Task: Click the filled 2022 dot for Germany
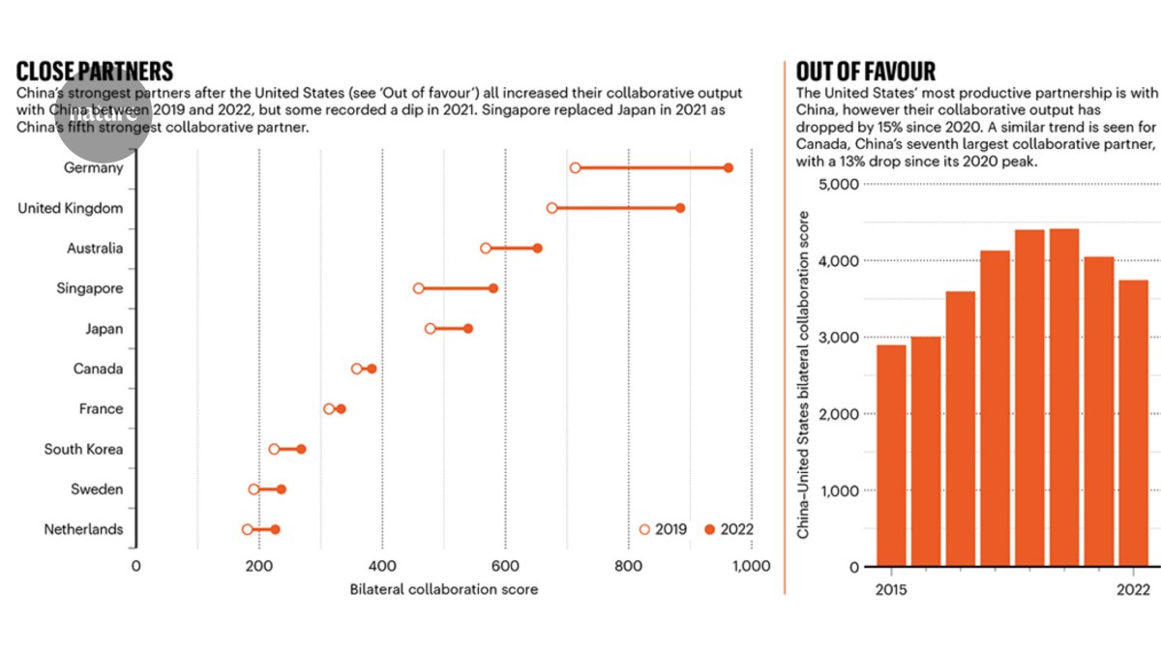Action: coord(728,168)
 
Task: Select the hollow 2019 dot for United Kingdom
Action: coord(551,208)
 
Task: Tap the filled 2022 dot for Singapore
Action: coord(493,288)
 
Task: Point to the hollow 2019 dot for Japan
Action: coord(430,329)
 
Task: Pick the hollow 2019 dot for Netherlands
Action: coord(247,529)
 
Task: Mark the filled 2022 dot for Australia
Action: coord(537,249)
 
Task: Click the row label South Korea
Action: coord(83,449)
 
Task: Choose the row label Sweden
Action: coord(97,490)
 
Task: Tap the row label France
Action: coord(101,409)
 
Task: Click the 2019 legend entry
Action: coord(663,529)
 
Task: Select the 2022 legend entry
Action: coord(728,529)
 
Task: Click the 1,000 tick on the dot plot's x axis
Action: coord(752,566)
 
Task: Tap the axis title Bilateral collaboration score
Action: coord(444,588)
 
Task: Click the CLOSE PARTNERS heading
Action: coord(95,71)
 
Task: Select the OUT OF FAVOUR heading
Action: coord(865,71)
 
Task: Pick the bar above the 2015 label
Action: coord(892,455)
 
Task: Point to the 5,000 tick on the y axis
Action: coord(838,184)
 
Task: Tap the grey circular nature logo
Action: coord(104,114)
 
